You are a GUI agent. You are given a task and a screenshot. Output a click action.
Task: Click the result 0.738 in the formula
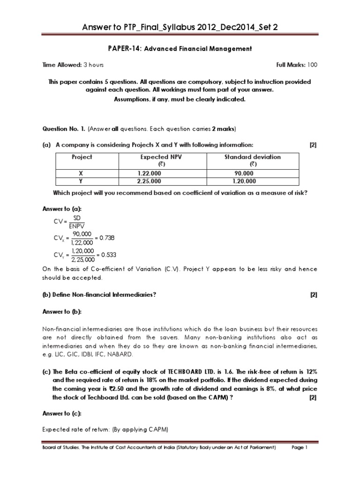[108, 238]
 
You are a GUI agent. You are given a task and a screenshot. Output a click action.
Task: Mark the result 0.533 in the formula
[108, 255]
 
